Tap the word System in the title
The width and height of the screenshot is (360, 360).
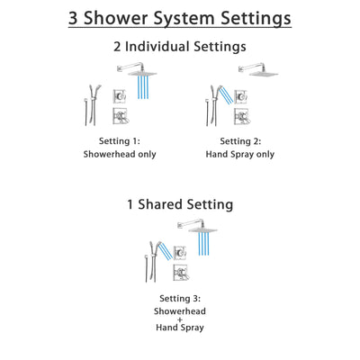click(182, 18)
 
